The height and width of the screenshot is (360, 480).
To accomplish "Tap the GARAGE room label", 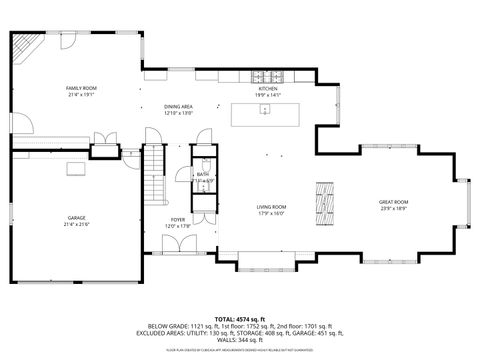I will coord(77,217).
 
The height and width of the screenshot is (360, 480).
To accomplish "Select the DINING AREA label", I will coord(178,107).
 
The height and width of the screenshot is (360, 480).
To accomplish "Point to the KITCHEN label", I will coord(267,90).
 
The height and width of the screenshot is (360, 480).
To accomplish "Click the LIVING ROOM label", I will coord(272,207).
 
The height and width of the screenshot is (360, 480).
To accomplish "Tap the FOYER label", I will coord(177,219).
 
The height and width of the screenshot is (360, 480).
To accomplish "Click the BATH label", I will coord(202,175).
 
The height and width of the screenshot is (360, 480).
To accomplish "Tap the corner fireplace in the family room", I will coord(25,48).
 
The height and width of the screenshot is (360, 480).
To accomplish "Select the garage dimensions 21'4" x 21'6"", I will coord(77,224).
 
